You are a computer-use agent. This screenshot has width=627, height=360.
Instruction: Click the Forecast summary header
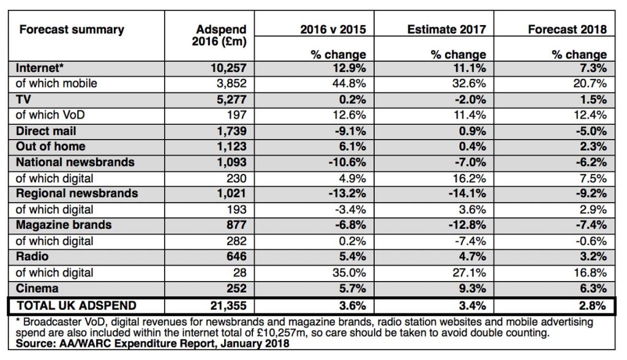(72, 29)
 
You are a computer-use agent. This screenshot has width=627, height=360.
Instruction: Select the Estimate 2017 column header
(446, 29)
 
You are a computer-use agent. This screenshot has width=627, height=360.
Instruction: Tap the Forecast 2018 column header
(567, 29)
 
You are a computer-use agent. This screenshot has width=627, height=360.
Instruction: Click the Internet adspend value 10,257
(229, 69)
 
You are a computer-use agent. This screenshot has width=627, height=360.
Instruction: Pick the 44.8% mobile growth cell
(349, 84)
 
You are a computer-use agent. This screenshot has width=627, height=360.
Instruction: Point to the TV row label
(23, 99)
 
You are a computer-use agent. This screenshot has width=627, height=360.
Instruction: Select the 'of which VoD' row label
(50, 115)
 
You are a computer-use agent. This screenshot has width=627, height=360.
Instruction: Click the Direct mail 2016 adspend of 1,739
(232, 131)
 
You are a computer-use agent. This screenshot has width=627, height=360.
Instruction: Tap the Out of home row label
(50, 146)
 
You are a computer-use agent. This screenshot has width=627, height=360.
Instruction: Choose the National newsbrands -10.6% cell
(347, 162)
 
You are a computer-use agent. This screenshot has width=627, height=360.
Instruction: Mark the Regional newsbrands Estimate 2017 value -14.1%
(467, 193)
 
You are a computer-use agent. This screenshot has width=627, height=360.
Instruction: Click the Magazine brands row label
(64, 225)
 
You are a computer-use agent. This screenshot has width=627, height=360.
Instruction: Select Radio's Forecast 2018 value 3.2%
(593, 257)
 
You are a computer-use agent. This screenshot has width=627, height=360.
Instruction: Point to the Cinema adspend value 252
(236, 288)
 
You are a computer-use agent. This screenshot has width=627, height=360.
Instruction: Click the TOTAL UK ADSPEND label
(77, 306)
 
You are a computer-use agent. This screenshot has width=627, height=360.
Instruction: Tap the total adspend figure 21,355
(229, 306)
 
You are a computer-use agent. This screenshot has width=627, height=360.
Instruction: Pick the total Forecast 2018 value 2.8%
(593, 306)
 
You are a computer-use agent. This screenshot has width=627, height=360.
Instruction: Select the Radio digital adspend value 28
(240, 273)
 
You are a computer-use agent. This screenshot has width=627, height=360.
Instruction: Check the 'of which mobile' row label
(56, 84)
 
